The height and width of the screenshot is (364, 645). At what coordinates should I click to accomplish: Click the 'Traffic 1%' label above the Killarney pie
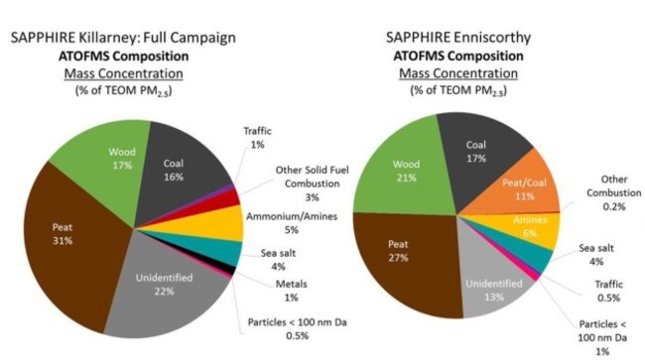click(x=260, y=137)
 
